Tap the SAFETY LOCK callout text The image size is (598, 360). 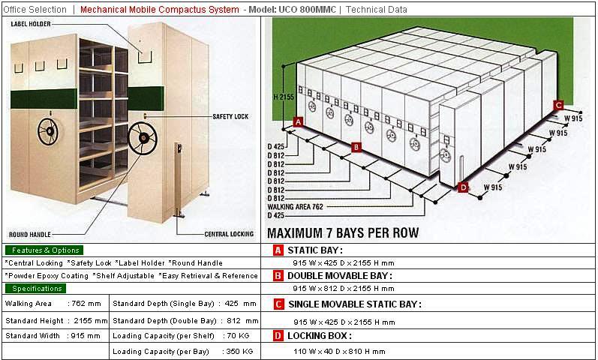(230, 116)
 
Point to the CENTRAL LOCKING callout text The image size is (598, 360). (229, 234)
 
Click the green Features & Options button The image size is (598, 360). (44, 250)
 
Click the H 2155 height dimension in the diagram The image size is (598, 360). (283, 97)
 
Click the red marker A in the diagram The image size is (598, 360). (298, 121)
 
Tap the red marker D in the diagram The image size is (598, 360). (463, 187)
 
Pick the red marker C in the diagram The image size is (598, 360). (558, 105)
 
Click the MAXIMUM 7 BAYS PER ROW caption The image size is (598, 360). (343, 232)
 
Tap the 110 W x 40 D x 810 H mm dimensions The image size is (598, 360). (338, 351)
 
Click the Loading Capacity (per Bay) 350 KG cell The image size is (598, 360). (183, 351)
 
